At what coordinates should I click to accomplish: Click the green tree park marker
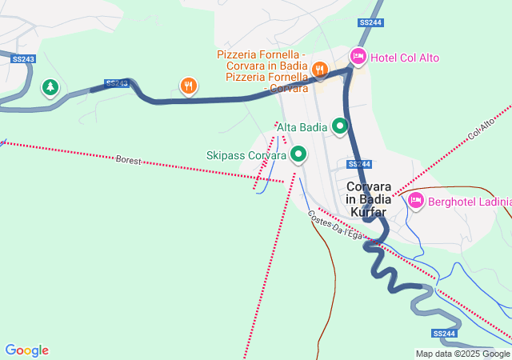point(51,86)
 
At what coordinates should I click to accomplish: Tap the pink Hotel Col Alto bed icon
point(358,57)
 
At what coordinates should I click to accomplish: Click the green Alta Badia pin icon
point(340,126)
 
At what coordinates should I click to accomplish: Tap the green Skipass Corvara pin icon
point(299,154)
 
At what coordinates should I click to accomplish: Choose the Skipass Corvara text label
point(246,155)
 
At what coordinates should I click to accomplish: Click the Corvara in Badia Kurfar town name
point(366,199)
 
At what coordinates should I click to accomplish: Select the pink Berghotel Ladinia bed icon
point(415,200)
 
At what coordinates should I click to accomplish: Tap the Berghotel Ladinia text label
point(470,202)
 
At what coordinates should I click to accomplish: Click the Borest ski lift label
point(128,161)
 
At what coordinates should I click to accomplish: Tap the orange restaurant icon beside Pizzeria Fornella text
point(319,70)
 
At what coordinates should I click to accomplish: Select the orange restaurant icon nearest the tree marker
point(188,85)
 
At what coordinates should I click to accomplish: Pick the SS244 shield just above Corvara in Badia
point(359,164)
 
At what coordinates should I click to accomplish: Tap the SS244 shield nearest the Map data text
point(444,333)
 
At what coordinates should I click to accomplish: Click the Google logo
point(26,350)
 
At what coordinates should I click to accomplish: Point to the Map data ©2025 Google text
point(462,354)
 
